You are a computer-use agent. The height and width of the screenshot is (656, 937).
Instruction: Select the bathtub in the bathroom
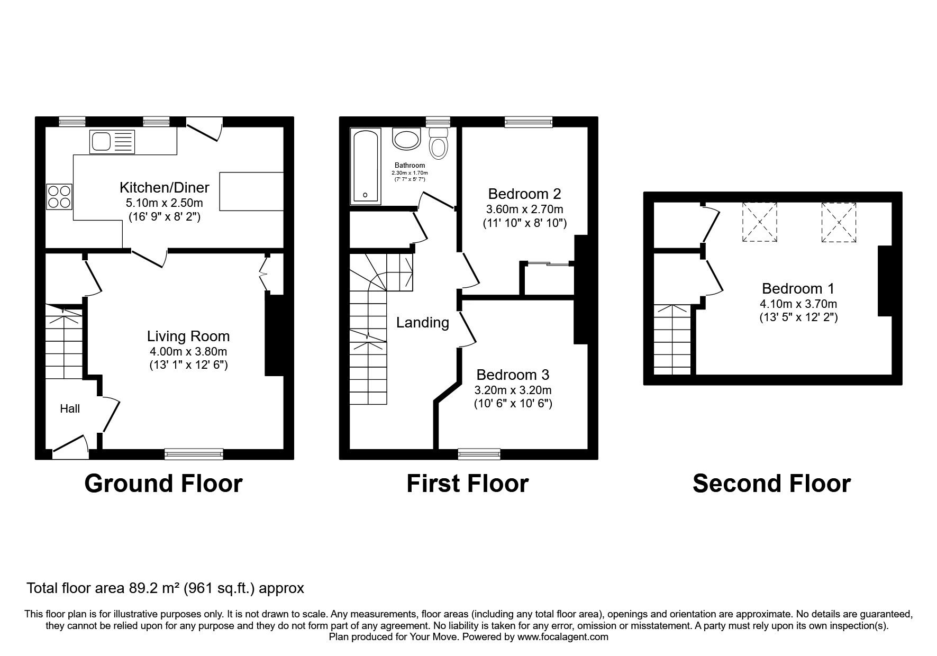(x=366, y=167)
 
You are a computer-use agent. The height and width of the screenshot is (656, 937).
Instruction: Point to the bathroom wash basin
(x=406, y=140)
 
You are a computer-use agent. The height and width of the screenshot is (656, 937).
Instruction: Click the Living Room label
(x=188, y=336)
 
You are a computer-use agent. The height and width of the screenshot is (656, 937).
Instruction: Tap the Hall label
(x=70, y=408)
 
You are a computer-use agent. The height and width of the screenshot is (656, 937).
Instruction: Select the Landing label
(x=423, y=322)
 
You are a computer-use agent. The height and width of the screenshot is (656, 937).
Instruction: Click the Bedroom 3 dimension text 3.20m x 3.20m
(x=513, y=390)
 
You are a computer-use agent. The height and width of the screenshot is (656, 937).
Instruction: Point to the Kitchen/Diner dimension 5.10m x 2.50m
(x=165, y=203)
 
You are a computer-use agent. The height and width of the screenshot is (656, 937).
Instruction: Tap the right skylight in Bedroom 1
(x=839, y=222)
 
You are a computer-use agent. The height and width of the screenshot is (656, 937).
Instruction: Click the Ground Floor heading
(x=163, y=484)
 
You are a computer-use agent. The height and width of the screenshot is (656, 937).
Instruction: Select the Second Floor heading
(x=771, y=484)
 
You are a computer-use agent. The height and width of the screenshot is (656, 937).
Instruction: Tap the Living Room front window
(x=194, y=453)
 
